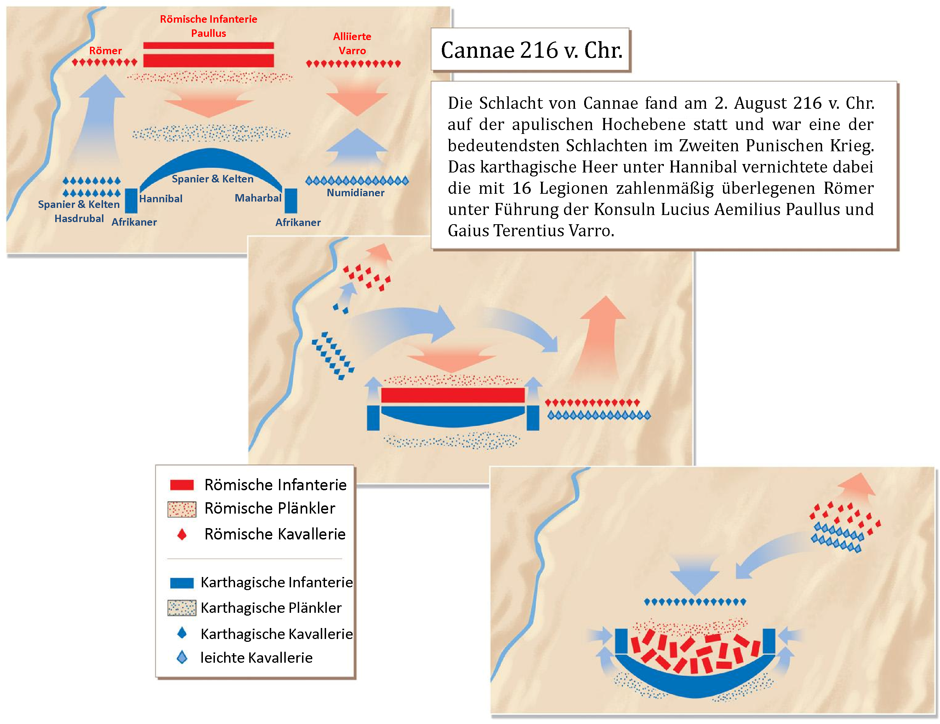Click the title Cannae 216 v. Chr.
pos(531,50)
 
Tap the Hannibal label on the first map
pos(160,199)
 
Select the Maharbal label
pos(258,198)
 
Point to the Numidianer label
pos(355,193)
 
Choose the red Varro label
pos(352,50)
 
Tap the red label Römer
pos(106,50)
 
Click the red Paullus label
pos(208,33)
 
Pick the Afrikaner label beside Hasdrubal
pos(134,222)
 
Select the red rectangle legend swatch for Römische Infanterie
pos(182,485)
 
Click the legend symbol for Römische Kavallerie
pos(182,534)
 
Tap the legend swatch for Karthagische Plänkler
pos(182,608)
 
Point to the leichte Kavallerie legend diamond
pos(182,657)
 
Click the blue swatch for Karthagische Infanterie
pos(182,583)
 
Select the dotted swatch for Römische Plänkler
pos(182,509)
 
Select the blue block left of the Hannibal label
pos(131,201)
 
